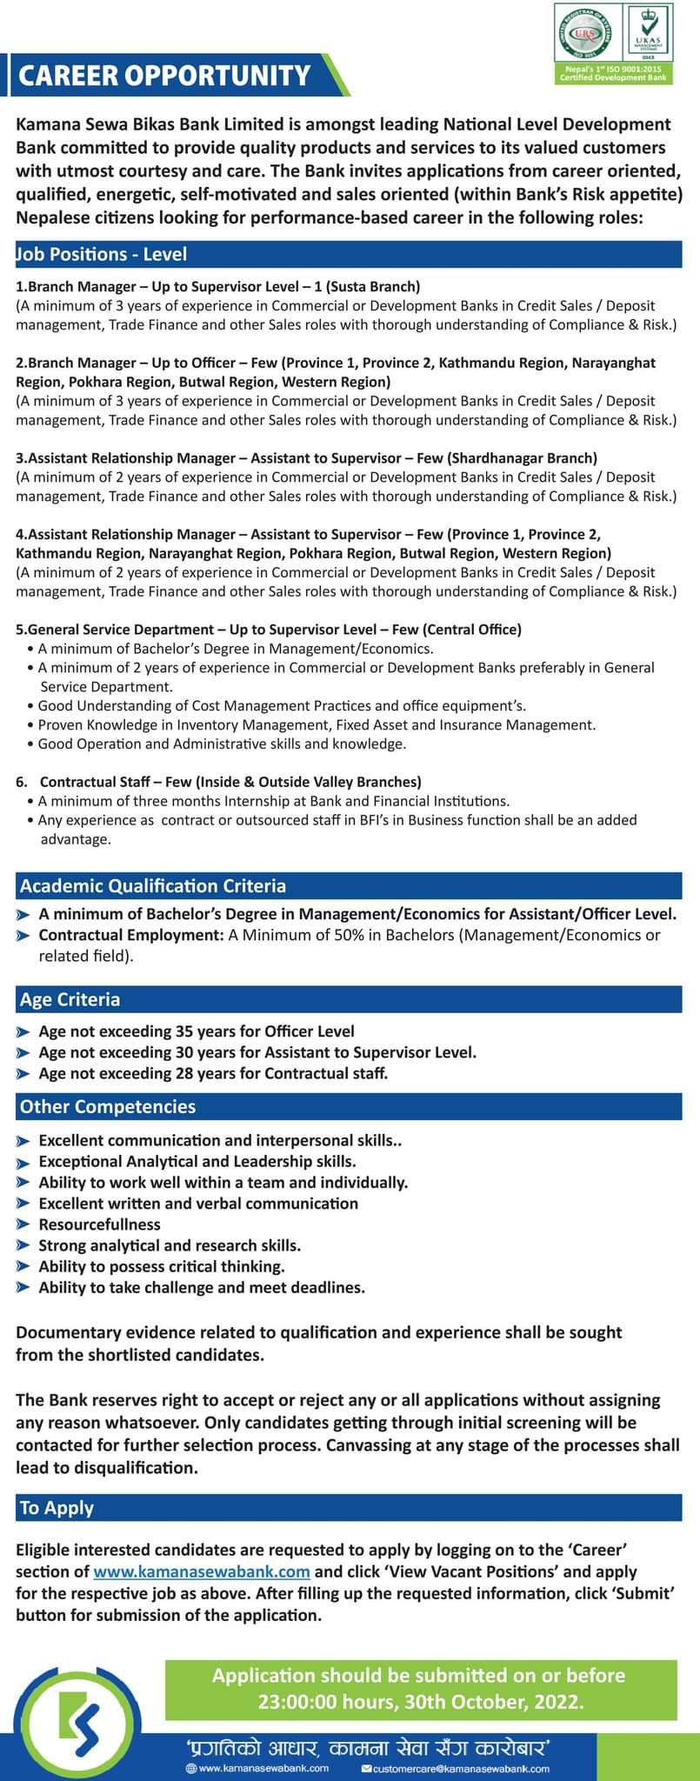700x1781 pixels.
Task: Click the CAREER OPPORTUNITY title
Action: point(164,76)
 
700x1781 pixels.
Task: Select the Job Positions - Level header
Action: point(103,254)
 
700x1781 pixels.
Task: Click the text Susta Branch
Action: point(374,286)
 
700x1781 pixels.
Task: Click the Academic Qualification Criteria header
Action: point(153,886)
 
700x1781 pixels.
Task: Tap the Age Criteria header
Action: point(70,999)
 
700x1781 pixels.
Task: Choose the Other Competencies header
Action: point(108,1106)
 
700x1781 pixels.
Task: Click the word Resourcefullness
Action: point(100,1224)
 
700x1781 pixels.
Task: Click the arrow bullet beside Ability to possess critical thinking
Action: point(23,1267)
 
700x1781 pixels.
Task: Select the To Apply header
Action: point(57,1508)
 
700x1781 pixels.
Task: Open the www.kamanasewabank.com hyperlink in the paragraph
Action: point(202,1571)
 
